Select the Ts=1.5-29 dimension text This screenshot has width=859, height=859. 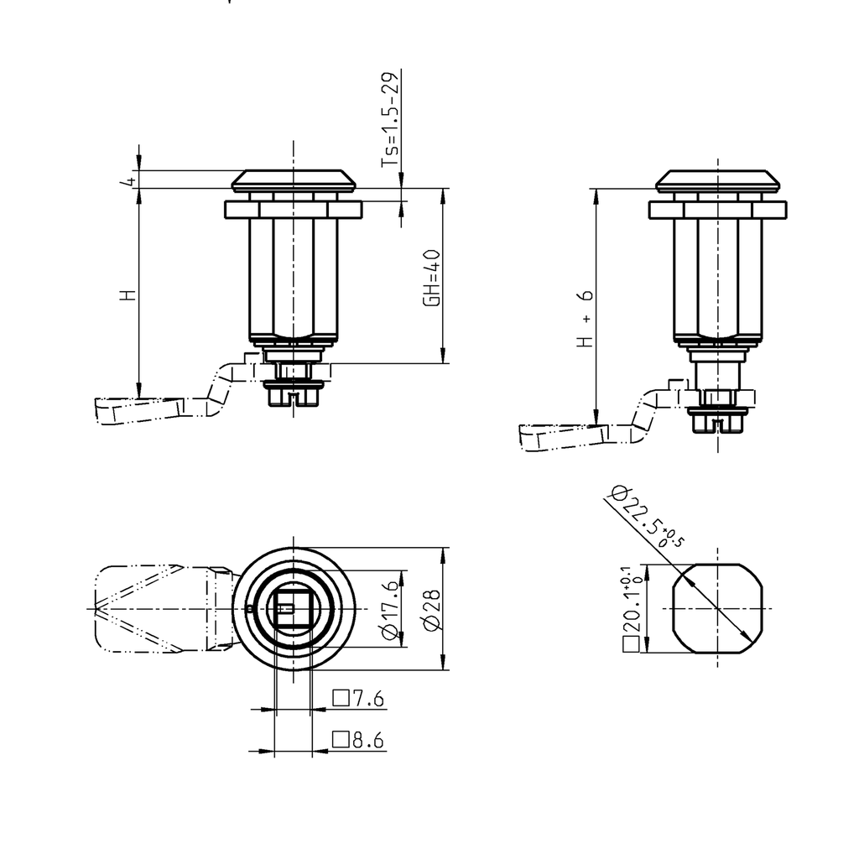point(390,120)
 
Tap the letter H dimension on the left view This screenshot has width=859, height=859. point(127,295)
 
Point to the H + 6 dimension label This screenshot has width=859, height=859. point(585,319)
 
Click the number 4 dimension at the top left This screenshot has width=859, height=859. point(128,181)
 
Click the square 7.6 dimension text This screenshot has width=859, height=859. point(359,698)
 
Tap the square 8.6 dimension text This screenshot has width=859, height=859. point(359,740)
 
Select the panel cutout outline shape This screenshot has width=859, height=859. point(719,608)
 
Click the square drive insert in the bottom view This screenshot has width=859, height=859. point(291,608)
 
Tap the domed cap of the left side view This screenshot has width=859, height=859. point(294,180)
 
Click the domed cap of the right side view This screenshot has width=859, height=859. point(718,180)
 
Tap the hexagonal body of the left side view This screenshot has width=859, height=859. point(294,277)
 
